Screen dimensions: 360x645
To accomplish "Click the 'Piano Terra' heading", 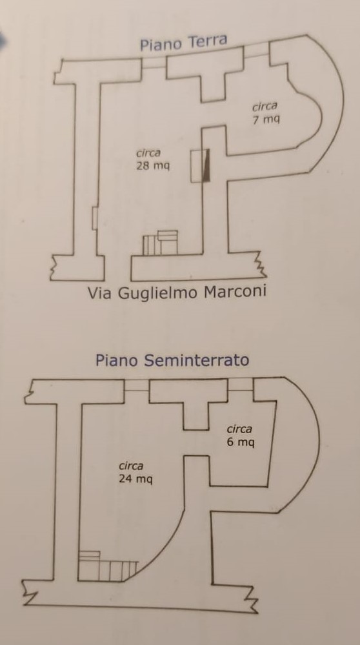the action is pos(183,43).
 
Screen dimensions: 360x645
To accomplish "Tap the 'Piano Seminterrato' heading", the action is pos(172,360).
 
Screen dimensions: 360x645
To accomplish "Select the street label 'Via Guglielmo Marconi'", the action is pos(177,292).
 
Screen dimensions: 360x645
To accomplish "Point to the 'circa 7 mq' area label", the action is pos(265,113).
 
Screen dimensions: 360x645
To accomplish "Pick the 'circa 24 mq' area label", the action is pos(135,473).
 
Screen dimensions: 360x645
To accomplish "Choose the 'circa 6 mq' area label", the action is pos(241,436).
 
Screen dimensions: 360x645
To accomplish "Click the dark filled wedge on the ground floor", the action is pos(207,165).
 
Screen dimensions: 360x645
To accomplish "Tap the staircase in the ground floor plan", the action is pos(160,243).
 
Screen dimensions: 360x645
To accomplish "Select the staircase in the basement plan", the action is pos(108,566).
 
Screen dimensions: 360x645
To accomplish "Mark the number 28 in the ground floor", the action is pos(142,166).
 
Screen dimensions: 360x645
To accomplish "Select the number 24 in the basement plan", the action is pos(125,479).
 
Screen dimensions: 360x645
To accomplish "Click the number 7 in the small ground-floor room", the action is pos(256,120).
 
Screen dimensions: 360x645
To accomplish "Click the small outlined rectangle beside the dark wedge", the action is pos(197,166).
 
